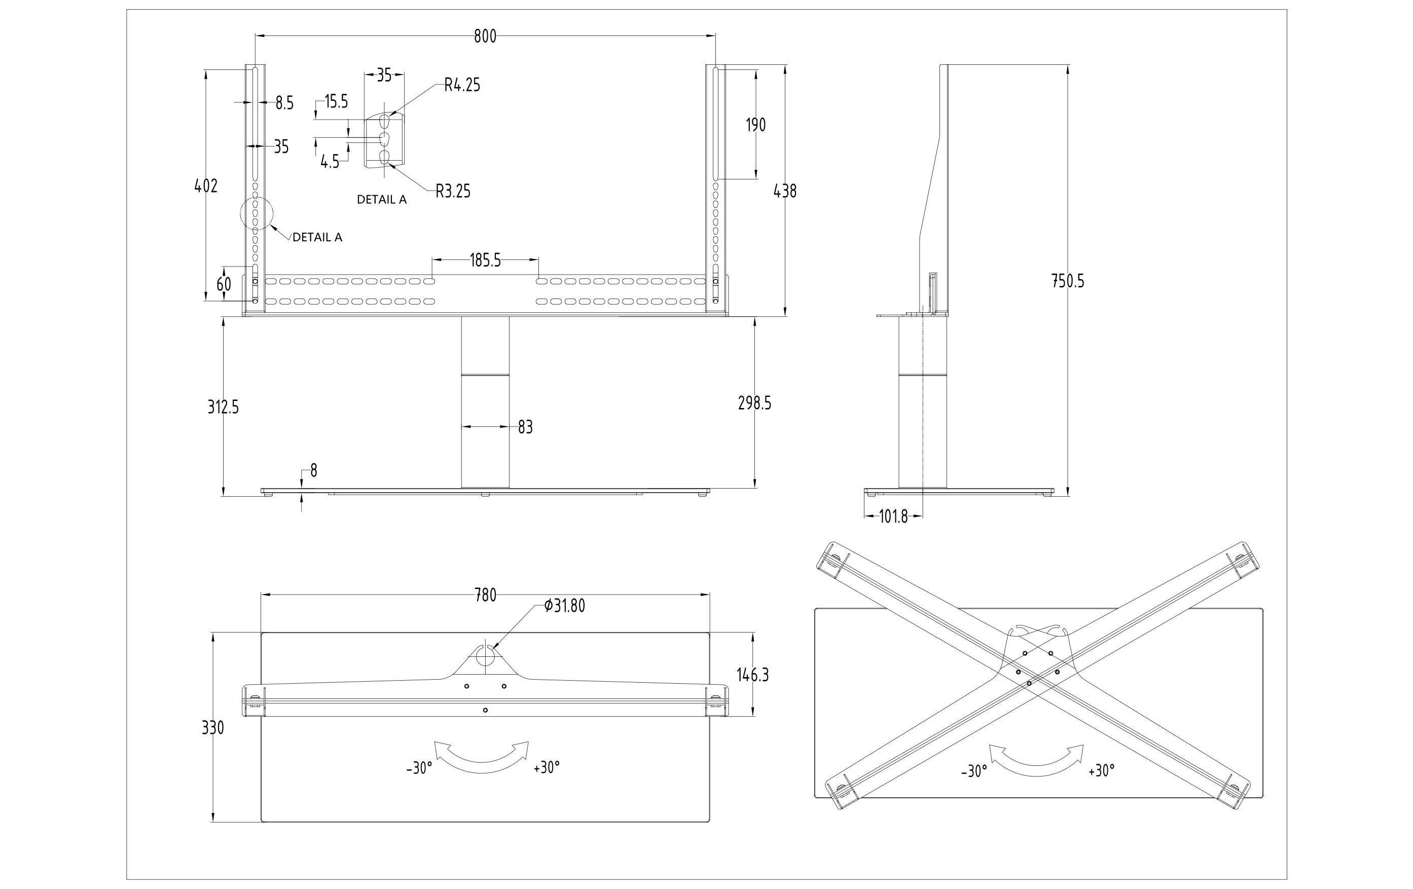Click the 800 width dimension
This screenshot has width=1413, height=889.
[485, 36]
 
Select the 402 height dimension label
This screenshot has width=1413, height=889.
[205, 186]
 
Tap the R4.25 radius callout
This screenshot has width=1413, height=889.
[462, 86]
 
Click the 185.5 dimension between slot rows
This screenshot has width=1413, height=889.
[485, 261]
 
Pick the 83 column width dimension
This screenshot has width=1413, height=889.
[525, 428]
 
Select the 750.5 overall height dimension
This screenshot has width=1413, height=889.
[1067, 282]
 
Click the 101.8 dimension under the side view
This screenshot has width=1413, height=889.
[893, 517]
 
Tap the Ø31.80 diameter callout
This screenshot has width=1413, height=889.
[564, 606]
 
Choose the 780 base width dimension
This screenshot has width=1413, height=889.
[485, 596]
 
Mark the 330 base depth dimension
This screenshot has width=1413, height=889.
[212, 728]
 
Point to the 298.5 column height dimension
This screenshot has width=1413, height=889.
[754, 403]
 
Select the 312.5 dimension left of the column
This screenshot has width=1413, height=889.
[223, 407]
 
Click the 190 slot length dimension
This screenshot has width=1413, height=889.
[756, 125]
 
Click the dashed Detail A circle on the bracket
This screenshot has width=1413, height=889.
[257, 213]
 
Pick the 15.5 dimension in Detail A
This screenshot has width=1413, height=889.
[336, 102]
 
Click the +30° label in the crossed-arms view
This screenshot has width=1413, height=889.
[1101, 770]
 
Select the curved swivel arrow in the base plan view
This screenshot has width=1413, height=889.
[481, 758]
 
